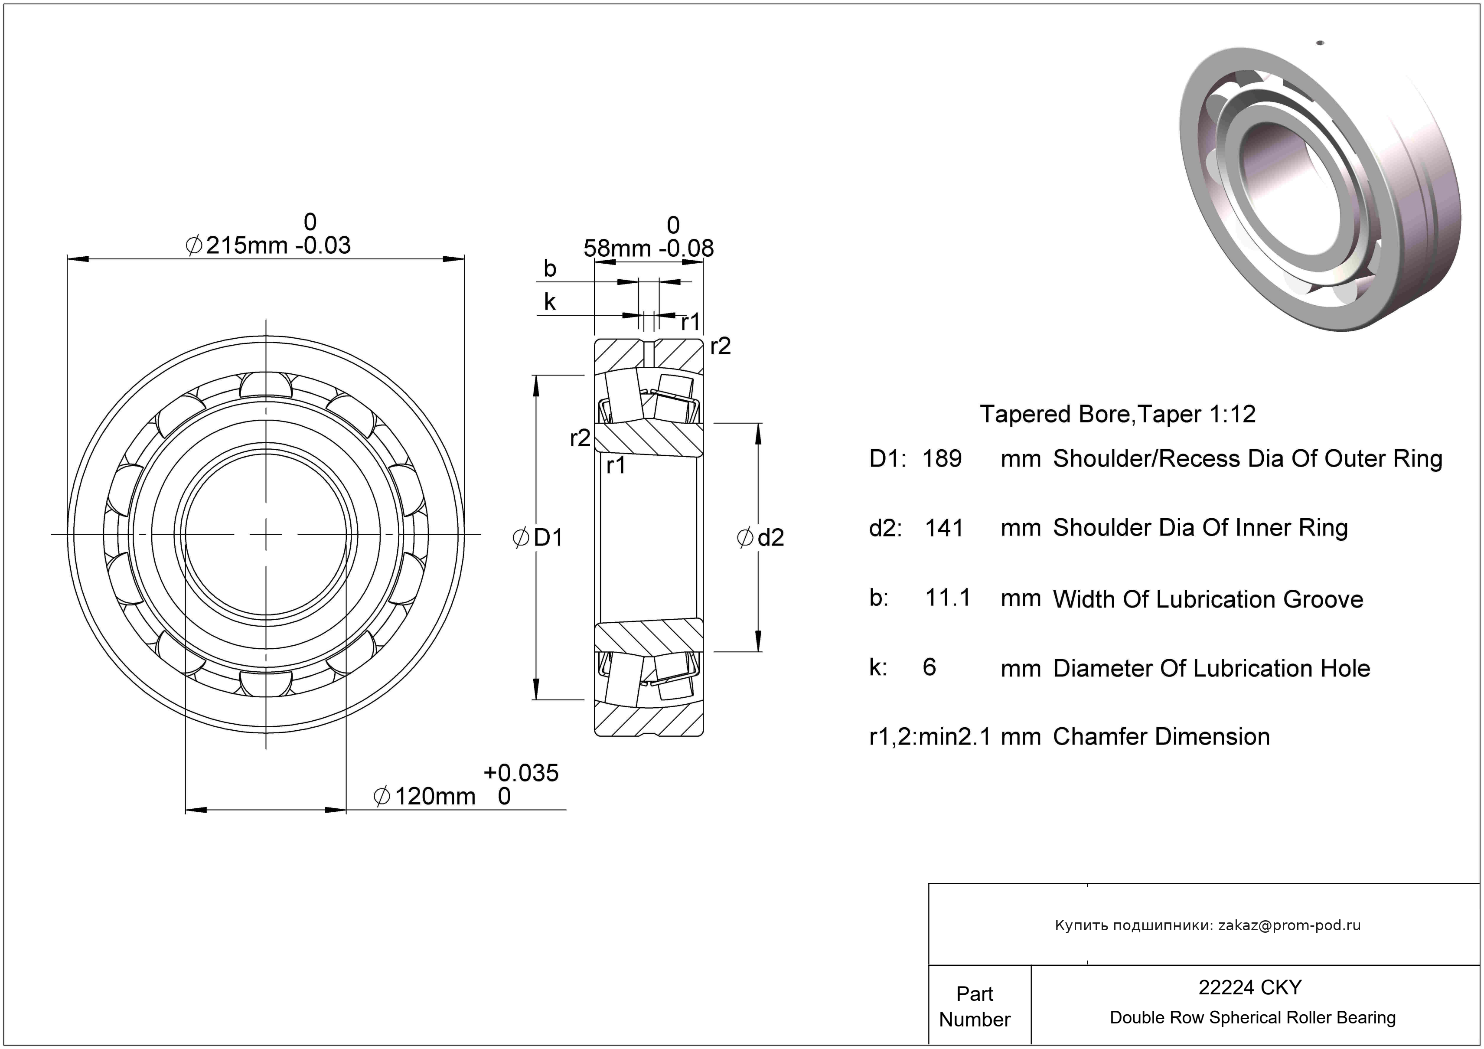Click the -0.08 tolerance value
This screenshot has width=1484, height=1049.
coord(686,248)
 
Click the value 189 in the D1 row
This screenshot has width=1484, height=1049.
coord(941,458)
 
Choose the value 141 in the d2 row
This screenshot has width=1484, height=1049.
coord(944,528)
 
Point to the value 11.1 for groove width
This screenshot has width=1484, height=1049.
coord(948,598)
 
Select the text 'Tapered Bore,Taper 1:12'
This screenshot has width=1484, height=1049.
coord(1118,414)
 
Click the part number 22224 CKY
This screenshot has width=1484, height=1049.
coord(1249,987)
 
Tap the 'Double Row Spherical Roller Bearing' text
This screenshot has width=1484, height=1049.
coord(1252,1017)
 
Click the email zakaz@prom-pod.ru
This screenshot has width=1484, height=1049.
coord(1289,925)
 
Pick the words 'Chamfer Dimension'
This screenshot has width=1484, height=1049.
coord(1161,737)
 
